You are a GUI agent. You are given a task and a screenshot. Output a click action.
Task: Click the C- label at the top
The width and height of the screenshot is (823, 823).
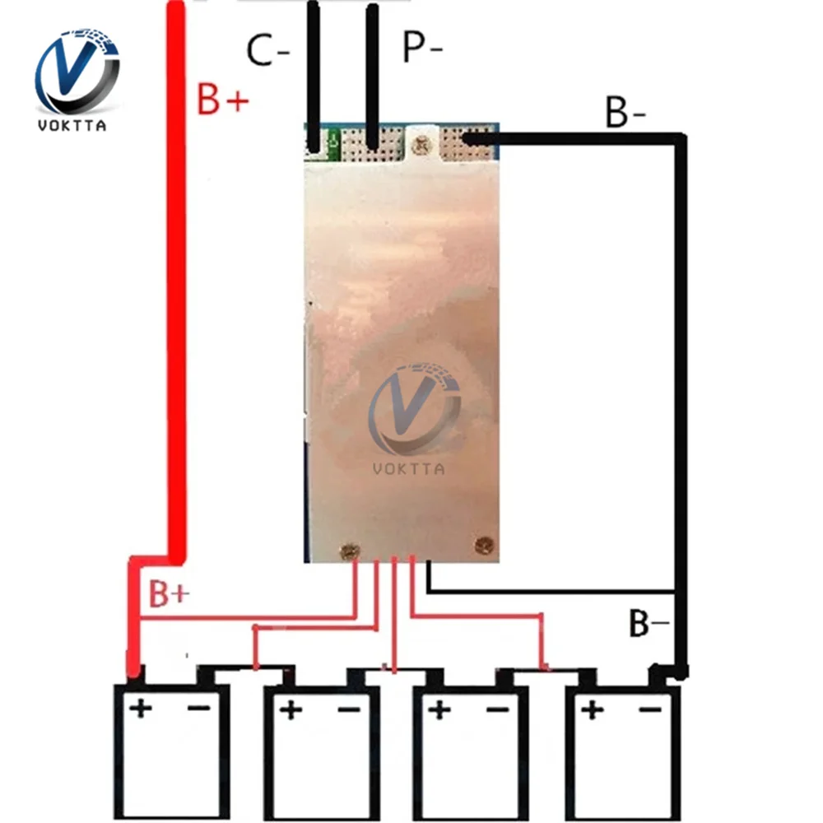pyautogui.click(x=267, y=50)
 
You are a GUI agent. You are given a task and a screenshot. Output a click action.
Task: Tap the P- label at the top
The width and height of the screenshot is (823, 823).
pyautogui.click(x=422, y=46)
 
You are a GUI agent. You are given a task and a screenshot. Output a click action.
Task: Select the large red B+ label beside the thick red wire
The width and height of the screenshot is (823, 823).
pyautogui.click(x=222, y=99)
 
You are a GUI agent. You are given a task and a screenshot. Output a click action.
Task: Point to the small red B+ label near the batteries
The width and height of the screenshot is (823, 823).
pyautogui.click(x=169, y=593)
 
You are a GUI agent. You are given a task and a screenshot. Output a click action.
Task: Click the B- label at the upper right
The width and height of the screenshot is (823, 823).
pyautogui.click(x=625, y=111)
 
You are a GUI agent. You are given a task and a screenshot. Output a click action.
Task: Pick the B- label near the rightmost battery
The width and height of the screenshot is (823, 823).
pyautogui.click(x=649, y=623)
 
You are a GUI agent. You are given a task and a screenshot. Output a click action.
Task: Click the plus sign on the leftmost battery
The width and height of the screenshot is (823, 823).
pyautogui.click(x=141, y=709)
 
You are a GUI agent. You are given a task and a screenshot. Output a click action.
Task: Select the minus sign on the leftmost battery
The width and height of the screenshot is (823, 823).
pyautogui.click(x=199, y=709)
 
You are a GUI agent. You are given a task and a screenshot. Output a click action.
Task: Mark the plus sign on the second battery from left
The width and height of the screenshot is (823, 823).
pyautogui.click(x=291, y=711)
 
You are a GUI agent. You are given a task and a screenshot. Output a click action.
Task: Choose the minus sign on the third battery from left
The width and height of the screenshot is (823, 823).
pyautogui.click(x=498, y=710)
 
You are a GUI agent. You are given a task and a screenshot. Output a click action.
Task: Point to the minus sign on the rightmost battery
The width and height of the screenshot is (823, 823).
pyautogui.click(x=650, y=710)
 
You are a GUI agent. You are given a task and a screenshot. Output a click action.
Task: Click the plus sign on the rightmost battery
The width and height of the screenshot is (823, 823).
pyautogui.click(x=592, y=711)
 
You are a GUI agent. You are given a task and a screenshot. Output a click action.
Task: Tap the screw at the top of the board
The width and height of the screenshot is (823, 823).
pyautogui.click(x=421, y=144)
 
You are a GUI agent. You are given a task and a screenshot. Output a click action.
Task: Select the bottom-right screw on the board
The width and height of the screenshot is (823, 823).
pyautogui.click(x=483, y=546)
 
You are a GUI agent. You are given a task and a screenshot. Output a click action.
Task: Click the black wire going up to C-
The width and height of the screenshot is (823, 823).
pyautogui.click(x=314, y=76)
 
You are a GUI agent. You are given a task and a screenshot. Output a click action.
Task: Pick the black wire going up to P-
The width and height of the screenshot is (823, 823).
pyautogui.click(x=372, y=76)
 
